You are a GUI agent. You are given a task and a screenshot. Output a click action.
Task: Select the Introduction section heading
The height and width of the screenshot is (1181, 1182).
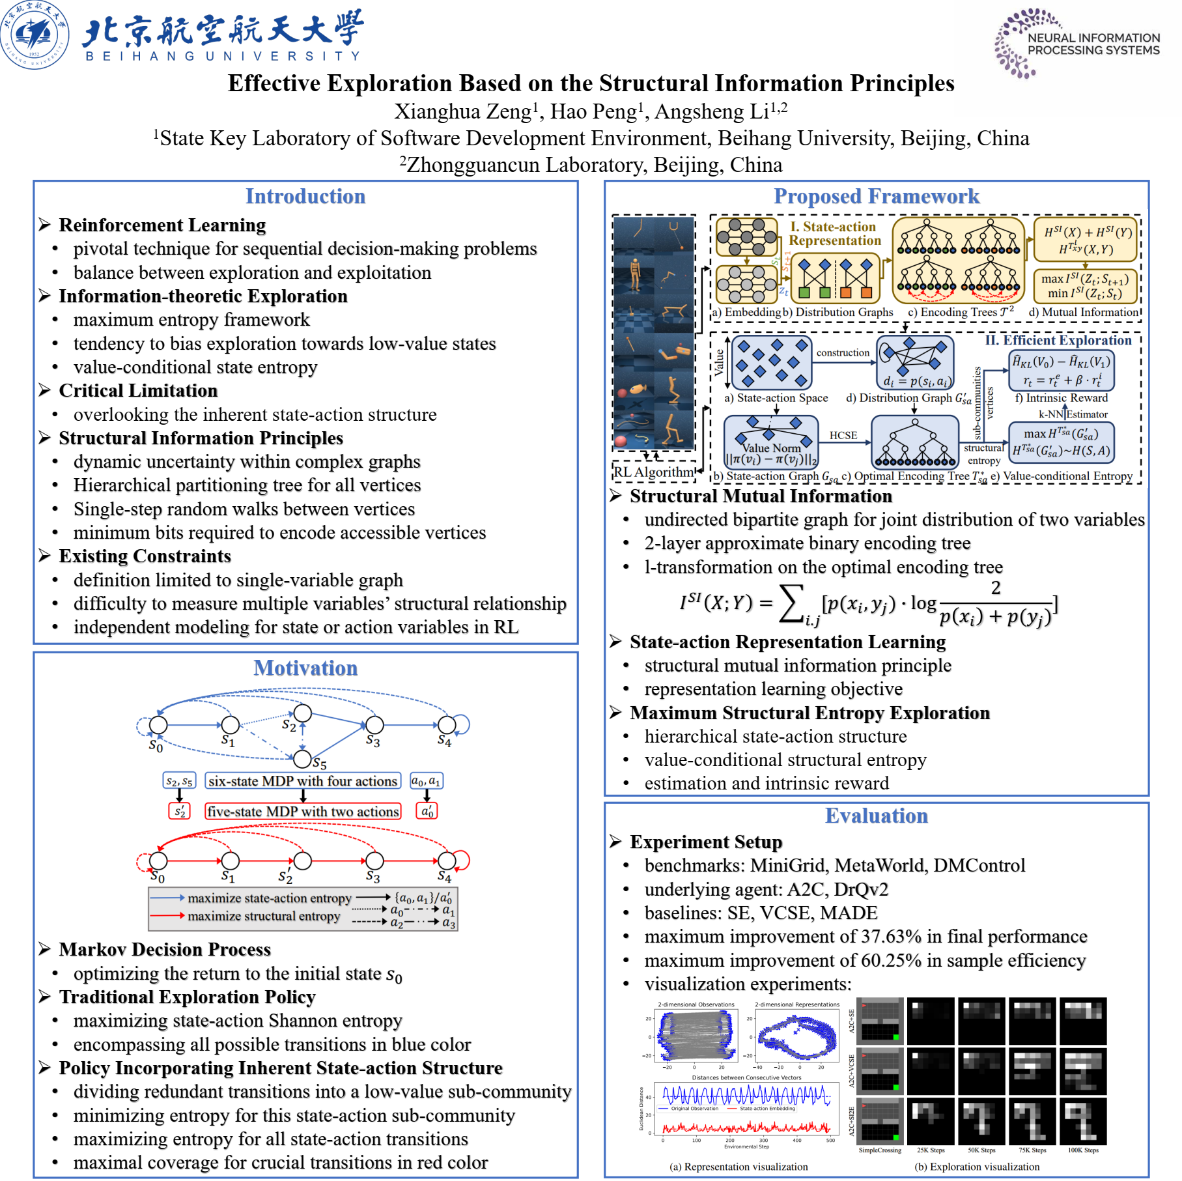point(305,196)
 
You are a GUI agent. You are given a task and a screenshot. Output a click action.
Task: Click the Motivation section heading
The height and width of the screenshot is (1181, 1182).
point(305,668)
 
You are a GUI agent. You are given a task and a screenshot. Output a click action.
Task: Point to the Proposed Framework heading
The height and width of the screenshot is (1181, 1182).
point(876,196)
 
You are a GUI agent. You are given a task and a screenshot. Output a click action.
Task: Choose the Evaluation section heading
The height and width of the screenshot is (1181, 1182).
point(876,816)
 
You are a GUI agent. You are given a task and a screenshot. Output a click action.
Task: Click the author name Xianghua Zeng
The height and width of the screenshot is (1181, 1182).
point(462,111)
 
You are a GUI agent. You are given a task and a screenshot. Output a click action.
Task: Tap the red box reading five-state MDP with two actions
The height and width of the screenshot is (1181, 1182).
point(303,812)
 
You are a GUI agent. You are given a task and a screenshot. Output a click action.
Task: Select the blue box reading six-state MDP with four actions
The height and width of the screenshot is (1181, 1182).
point(303,781)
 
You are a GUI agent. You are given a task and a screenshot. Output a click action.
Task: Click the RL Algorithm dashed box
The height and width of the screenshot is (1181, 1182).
point(654,472)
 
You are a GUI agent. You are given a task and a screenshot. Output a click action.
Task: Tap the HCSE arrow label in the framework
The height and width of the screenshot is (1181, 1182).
point(843,435)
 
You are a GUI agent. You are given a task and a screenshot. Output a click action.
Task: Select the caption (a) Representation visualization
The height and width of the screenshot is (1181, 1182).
point(739,1167)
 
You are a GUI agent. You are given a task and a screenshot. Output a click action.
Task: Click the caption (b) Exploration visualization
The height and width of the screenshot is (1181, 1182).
point(977,1167)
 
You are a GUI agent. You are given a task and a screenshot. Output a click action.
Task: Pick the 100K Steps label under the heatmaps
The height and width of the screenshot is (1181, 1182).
point(1082,1150)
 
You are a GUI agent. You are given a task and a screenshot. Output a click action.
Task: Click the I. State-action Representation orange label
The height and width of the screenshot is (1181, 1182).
point(834,233)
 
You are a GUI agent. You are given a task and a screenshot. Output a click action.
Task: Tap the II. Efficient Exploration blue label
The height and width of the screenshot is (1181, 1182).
point(1058,340)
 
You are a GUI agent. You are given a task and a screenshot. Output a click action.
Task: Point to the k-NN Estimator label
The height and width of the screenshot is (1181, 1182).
point(1073,414)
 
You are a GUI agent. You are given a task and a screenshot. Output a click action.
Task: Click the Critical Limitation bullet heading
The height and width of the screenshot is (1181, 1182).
point(138,391)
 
